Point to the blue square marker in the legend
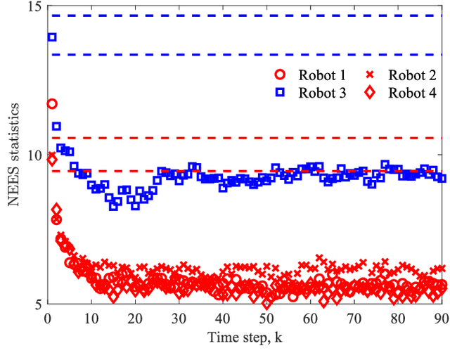pos(280,93)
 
